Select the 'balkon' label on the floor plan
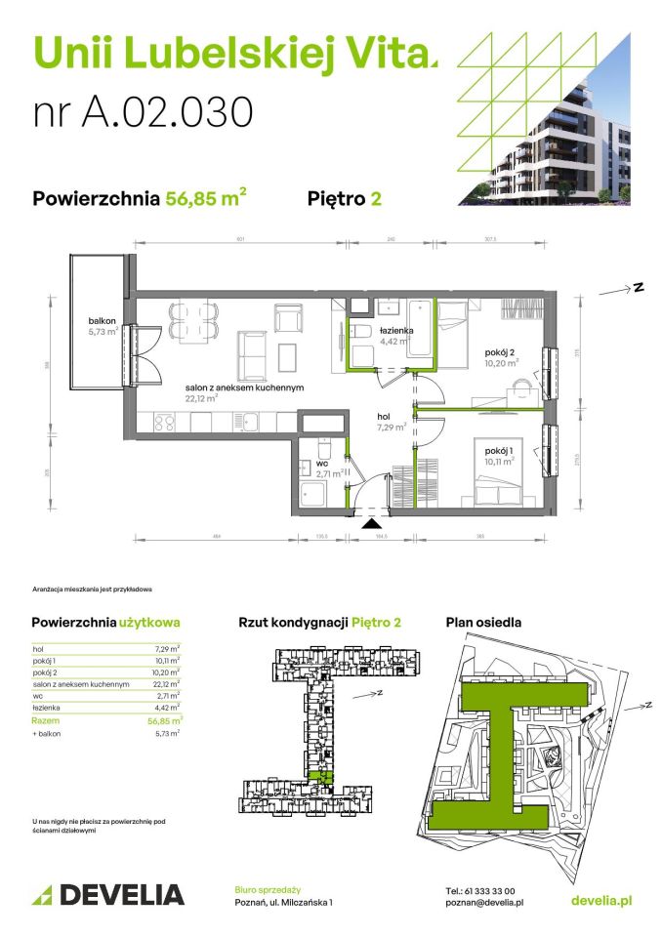point(102,321)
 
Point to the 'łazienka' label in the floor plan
point(397,331)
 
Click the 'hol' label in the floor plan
point(385,417)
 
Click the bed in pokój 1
point(498,477)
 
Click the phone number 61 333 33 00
point(479,890)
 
